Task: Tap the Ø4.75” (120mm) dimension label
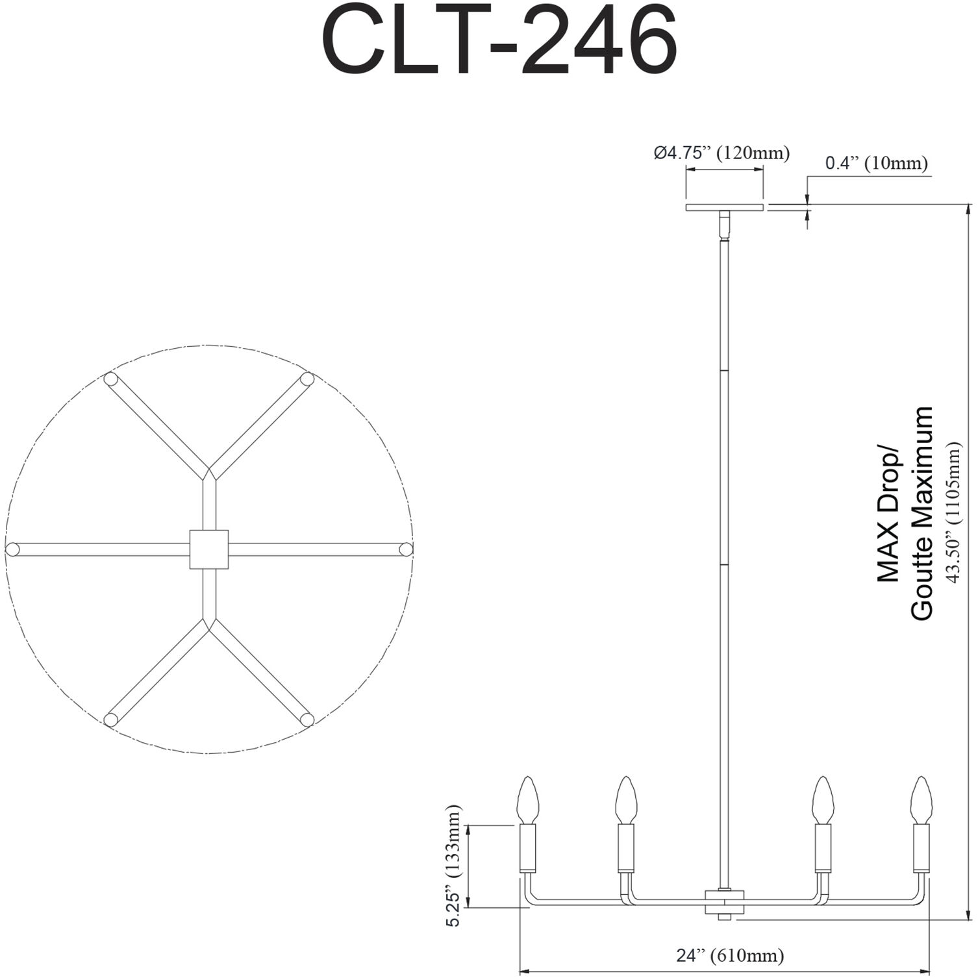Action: [721, 153]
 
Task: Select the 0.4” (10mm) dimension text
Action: [876, 163]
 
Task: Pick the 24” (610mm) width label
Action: [730, 955]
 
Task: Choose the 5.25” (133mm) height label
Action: [455, 866]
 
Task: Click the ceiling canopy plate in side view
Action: [724, 208]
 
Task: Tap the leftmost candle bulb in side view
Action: [527, 799]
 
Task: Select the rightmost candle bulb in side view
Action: [921, 799]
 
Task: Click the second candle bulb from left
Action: [626, 799]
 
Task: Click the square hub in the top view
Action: [209, 549]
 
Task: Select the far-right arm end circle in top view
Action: [406, 549]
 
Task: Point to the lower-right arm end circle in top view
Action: [307, 719]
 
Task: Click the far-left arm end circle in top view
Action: [12, 549]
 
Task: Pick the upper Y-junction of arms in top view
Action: [209, 473]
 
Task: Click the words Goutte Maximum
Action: [922, 513]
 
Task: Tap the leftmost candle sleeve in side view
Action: [527, 847]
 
